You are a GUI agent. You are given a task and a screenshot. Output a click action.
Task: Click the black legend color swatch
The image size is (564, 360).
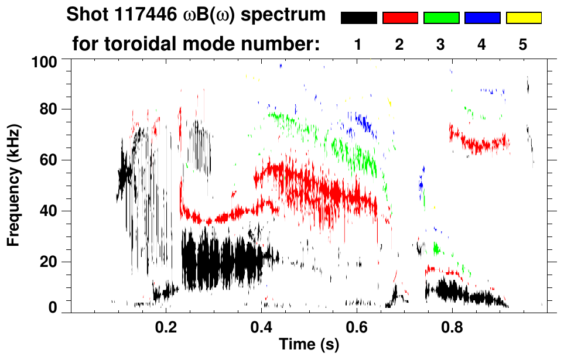(359, 18)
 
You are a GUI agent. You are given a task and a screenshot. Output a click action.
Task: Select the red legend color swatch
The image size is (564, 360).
(400, 18)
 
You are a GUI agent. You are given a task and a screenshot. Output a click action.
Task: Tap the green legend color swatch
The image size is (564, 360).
(441, 18)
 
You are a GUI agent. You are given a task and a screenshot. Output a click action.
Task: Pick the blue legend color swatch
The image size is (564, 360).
(482, 18)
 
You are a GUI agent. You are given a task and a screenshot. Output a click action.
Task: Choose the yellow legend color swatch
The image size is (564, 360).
(523, 18)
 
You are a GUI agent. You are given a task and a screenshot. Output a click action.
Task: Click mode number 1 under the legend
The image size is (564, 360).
(358, 44)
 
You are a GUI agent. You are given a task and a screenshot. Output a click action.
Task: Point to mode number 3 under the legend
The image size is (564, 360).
(441, 44)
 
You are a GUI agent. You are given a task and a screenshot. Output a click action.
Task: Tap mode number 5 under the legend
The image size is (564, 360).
(523, 44)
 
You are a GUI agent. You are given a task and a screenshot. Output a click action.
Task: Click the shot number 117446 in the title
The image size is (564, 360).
(143, 15)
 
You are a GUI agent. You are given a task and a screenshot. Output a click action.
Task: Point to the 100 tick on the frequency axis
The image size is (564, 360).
(45, 61)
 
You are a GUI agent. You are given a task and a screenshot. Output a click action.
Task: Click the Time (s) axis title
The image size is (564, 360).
(309, 345)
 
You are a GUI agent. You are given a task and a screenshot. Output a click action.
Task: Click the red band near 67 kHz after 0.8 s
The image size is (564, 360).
(480, 142)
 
